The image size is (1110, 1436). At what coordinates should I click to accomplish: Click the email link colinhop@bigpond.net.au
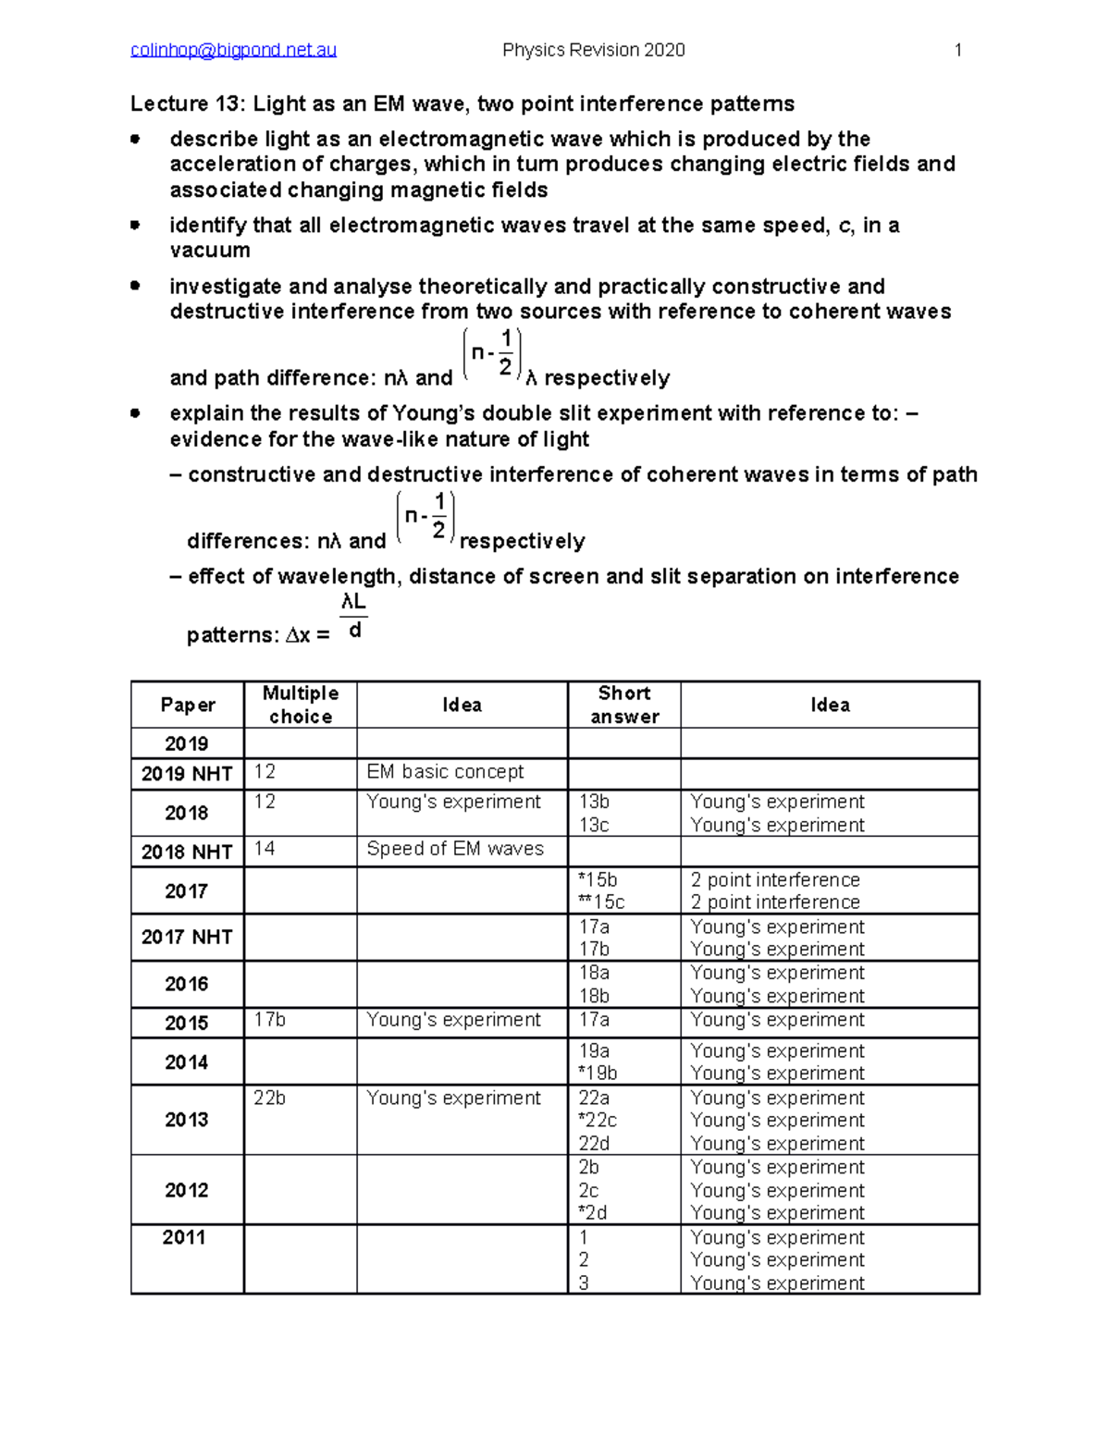click(x=233, y=50)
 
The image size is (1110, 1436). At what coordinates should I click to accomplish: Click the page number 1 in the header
click(x=958, y=50)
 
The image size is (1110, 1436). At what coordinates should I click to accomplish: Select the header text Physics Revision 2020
click(x=593, y=50)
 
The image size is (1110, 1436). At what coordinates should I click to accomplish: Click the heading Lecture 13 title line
click(x=462, y=104)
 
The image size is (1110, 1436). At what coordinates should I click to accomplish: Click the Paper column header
click(x=188, y=706)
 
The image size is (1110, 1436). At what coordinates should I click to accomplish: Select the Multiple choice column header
click(x=301, y=705)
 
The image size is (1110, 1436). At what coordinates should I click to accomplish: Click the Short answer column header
click(x=624, y=705)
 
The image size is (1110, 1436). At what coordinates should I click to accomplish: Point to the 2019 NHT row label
click(x=187, y=774)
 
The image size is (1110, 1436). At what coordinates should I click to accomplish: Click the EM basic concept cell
click(x=445, y=772)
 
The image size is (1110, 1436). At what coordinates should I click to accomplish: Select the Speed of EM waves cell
click(x=455, y=849)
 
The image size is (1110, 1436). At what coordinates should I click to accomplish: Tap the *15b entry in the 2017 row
click(x=598, y=879)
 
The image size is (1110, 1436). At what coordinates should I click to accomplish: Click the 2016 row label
click(x=187, y=984)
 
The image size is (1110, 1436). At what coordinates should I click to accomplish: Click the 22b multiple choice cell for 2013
click(x=269, y=1098)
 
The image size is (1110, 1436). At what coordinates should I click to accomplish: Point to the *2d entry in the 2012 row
click(x=592, y=1212)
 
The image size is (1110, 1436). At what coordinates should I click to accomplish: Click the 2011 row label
click(x=184, y=1237)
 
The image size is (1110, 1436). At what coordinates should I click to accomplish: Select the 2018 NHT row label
click(x=187, y=852)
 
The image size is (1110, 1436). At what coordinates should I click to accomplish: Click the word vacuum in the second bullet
click(x=210, y=251)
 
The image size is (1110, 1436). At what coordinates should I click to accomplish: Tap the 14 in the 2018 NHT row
click(x=265, y=849)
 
